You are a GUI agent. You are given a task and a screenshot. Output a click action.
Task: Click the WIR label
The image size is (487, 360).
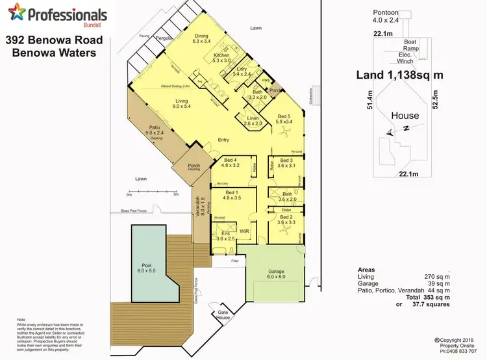pos(245,231)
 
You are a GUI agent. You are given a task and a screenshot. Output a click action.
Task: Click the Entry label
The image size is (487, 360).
pos(223,140)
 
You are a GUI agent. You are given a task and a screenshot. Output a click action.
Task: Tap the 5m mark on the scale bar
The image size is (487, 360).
pos(176,194)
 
